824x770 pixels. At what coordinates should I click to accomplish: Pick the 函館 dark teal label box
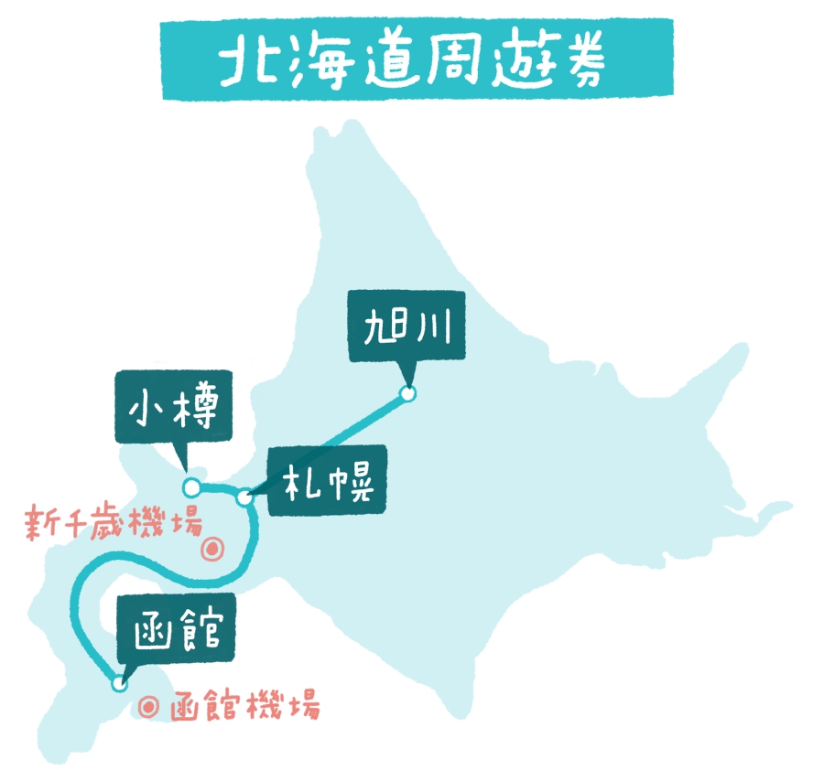click(176, 628)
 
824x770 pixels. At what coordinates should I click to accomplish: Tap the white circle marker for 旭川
click(407, 394)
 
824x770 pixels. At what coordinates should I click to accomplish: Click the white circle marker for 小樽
click(190, 486)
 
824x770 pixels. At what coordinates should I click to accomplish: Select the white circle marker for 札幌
click(244, 497)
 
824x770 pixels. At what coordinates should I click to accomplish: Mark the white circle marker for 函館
click(118, 683)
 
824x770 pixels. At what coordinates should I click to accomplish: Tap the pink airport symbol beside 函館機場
click(151, 707)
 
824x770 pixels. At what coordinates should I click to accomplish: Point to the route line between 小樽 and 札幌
click(218, 489)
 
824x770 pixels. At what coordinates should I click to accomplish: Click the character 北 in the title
click(246, 61)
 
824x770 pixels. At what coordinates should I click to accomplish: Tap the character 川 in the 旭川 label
click(435, 326)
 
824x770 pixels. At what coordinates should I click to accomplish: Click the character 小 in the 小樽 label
click(149, 409)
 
